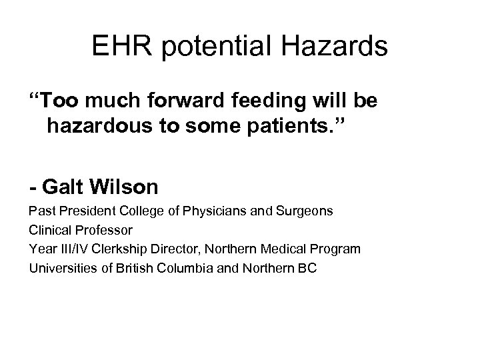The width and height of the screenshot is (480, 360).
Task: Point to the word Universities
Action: pyautogui.click(x=57, y=268)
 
